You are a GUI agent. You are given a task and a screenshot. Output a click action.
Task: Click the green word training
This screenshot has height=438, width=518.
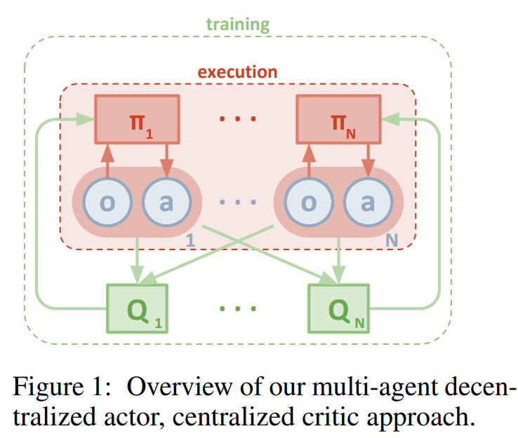(237, 25)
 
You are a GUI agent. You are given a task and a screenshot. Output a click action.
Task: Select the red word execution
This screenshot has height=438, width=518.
(237, 71)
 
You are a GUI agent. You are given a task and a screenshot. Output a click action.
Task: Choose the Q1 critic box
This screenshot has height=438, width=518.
(137, 307)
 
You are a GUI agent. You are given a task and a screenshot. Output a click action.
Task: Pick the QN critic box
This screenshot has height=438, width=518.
(339, 307)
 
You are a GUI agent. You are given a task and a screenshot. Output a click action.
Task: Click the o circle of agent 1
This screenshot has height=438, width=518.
(107, 202)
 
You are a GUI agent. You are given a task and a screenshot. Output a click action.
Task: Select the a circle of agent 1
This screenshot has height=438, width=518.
(166, 202)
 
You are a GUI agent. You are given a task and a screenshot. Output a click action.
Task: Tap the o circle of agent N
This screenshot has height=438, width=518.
(308, 202)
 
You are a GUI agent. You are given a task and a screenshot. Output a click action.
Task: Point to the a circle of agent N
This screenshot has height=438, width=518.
(367, 202)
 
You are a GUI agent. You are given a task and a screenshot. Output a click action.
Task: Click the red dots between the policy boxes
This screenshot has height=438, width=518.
(237, 118)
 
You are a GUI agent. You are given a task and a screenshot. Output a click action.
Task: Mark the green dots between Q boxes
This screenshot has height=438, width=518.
(237, 308)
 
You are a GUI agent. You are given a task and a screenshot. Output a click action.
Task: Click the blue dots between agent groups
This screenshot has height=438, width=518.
(237, 202)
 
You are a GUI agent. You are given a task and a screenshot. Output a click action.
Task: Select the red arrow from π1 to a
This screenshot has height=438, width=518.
(167, 158)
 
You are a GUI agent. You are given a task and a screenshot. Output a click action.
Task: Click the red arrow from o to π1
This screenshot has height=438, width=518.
(107, 158)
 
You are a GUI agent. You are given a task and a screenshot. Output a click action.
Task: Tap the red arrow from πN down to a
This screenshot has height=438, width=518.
(368, 158)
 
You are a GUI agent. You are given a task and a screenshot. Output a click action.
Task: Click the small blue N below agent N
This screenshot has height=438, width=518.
(392, 240)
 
